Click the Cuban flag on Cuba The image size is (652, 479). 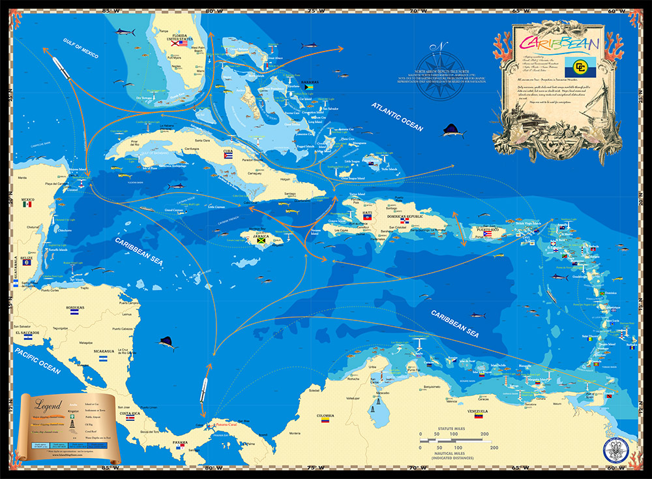click(x=228, y=157)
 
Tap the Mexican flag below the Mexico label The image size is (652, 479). click(x=27, y=204)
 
